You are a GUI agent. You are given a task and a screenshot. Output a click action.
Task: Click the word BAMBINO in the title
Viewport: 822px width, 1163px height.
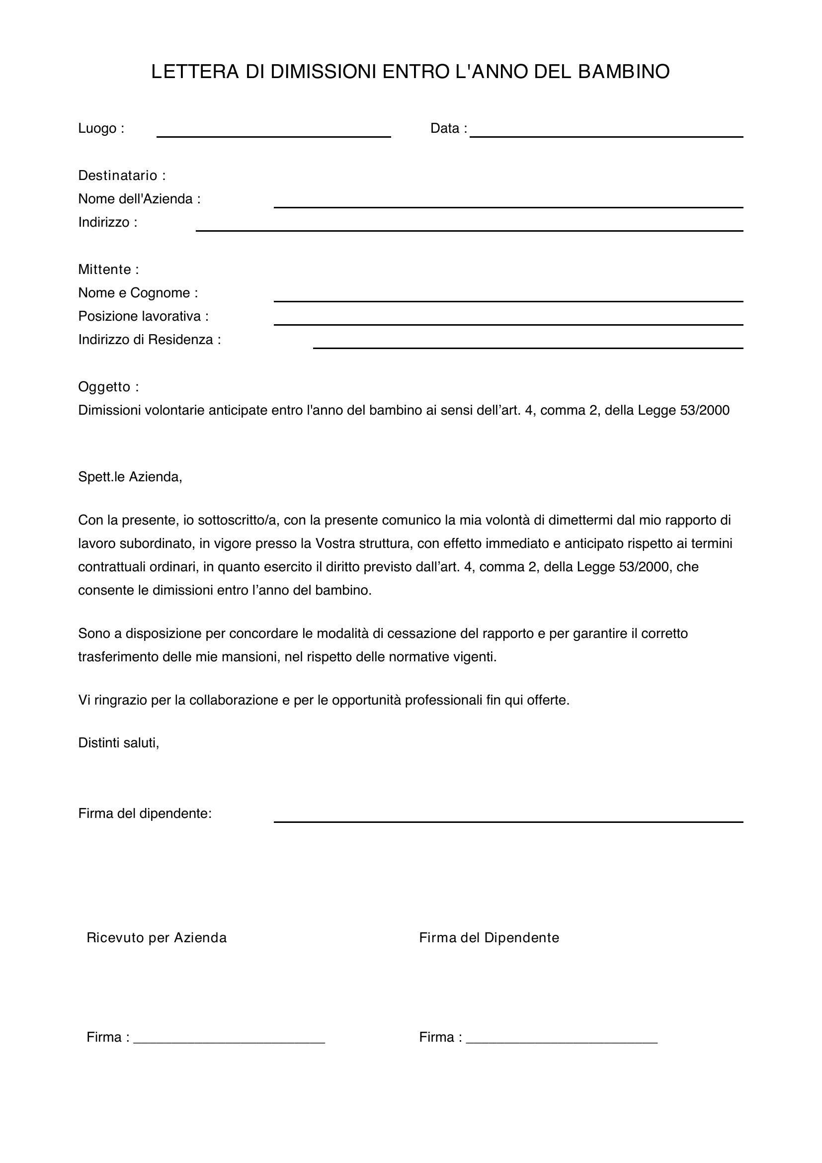click(624, 72)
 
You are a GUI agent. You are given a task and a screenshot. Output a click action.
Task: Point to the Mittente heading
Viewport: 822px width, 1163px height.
click(108, 269)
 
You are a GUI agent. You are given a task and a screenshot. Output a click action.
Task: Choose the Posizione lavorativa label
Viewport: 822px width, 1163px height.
click(143, 317)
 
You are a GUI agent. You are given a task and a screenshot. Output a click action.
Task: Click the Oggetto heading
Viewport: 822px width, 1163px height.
click(108, 387)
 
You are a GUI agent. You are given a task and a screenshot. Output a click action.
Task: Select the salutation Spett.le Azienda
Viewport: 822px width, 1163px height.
click(130, 477)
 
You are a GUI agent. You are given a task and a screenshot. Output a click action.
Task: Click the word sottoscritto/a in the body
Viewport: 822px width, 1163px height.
click(236, 520)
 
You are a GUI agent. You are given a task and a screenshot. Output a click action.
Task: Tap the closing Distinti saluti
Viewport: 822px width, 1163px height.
click(118, 743)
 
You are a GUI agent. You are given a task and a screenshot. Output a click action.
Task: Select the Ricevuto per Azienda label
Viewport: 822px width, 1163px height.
click(157, 938)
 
